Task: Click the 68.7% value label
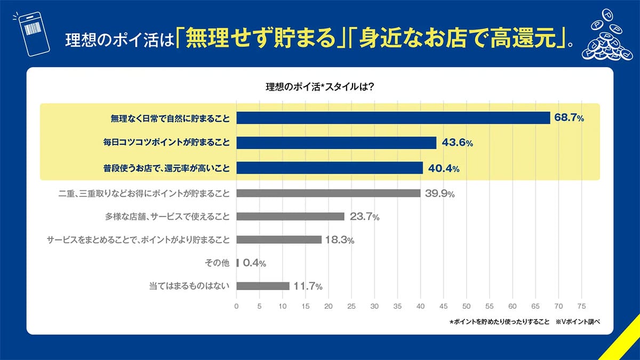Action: point(569,118)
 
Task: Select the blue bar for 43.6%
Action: point(336,143)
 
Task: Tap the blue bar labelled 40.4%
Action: point(329,168)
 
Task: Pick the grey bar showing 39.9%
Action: point(328,193)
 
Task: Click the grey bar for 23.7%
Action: point(290,217)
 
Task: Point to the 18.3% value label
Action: point(340,240)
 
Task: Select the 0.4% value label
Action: point(254,263)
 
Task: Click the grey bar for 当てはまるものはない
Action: point(262,286)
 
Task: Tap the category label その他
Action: point(217,263)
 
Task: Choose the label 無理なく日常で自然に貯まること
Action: point(166,118)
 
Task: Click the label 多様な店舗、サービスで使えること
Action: point(167,217)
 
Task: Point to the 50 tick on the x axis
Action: point(467,307)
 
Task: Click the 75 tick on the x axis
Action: point(581,307)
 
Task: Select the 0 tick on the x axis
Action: point(236,307)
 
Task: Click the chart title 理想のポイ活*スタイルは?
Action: point(319,86)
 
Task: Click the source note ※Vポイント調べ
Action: point(578,322)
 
